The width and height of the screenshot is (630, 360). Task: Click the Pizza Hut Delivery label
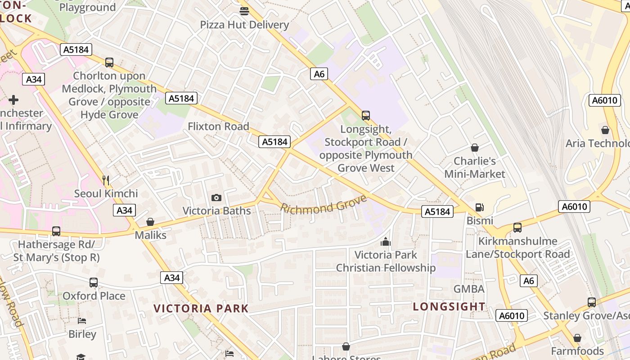(244, 25)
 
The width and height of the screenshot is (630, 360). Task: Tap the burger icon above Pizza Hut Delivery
(244, 11)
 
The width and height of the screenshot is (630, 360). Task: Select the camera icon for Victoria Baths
(216, 198)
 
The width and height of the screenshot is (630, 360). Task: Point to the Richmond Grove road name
(324, 205)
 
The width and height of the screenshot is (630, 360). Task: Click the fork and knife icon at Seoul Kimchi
(106, 180)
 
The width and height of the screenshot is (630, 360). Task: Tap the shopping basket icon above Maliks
(150, 222)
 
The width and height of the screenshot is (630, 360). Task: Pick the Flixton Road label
(218, 126)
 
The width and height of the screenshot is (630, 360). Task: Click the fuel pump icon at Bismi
(480, 207)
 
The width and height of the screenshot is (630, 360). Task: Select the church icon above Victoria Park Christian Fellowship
(386, 242)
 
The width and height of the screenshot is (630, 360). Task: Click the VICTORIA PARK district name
(201, 308)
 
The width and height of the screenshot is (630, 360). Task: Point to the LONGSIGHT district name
(449, 306)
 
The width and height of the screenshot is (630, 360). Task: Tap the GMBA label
(469, 289)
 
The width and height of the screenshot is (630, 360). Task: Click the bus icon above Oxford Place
(94, 283)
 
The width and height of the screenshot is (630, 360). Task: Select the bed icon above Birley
(82, 321)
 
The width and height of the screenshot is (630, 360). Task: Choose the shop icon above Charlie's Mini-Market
(474, 148)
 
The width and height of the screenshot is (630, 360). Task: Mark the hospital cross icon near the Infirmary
(13, 99)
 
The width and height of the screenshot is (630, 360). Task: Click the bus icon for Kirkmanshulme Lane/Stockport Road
(517, 228)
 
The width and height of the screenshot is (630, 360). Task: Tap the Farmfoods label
(577, 351)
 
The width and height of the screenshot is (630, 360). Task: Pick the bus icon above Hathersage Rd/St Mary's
(56, 231)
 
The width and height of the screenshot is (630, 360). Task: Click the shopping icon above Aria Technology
(605, 130)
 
